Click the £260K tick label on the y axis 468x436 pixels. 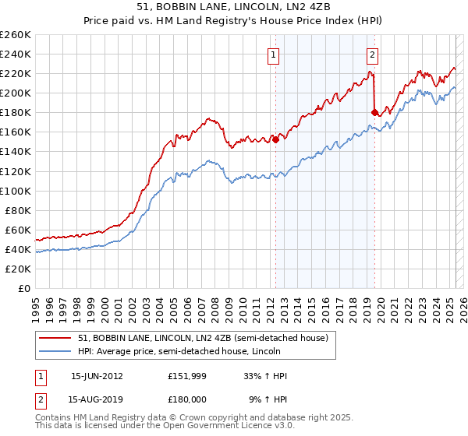(x=16, y=34)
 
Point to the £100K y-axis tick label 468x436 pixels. (x=16, y=191)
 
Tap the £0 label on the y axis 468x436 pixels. (x=23, y=288)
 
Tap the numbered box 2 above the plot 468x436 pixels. (x=374, y=54)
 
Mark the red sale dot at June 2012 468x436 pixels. (x=275, y=140)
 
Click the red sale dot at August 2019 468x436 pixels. (x=374, y=112)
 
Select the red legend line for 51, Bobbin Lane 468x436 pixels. (x=55, y=337)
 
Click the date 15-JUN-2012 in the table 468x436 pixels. (x=97, y=376)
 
